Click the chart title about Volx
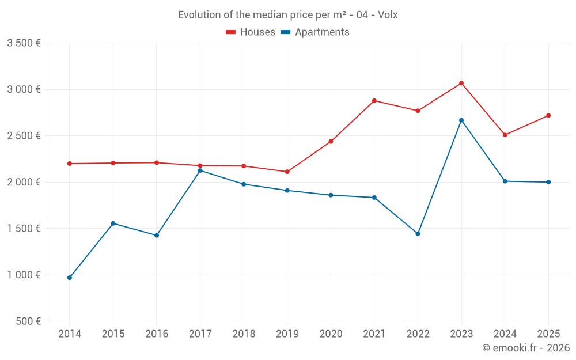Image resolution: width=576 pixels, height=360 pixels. (x=287, y=14)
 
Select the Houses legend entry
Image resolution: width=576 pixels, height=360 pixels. (x=251, y=32)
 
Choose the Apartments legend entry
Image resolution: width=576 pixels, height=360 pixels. (x=315, y=32)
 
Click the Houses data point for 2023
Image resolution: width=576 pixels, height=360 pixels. (x=461, y=83)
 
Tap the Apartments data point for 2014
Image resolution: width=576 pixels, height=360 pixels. (x=70, y=278)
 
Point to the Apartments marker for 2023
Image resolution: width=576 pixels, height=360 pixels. (x=461, y=120)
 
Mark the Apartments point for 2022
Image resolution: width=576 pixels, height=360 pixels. (x=418, y=234)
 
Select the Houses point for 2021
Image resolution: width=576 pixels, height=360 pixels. (x=374, y=101)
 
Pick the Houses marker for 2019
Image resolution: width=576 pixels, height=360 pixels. (x=287, y=172)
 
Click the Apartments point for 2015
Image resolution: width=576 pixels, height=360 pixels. (x=113, y=223)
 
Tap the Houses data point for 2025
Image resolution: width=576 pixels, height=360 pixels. (x=548, y=115)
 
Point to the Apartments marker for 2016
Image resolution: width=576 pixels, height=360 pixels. (x=157, y=236)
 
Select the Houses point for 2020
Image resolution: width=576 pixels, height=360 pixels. (x=331, y=142)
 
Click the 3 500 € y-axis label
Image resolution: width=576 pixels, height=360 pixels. (x=24, y=43)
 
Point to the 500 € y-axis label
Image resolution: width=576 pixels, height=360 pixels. (x=27, y=321)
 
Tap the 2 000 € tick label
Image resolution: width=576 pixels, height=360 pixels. (x=24, y=182)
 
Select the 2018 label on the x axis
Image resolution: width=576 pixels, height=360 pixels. (x=244, y=334)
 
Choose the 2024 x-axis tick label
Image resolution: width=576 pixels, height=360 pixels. (x=505, y=334)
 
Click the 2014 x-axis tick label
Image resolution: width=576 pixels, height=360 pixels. (x=70, y=334)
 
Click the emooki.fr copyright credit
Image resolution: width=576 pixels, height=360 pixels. (x=525, y=348)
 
